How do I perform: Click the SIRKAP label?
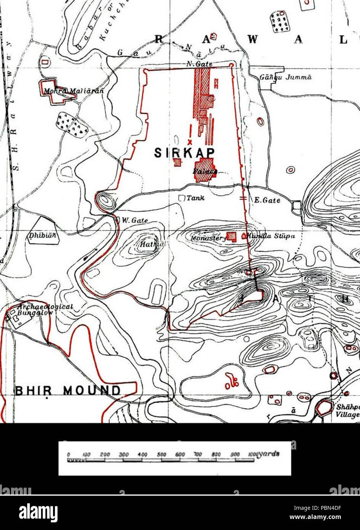184,153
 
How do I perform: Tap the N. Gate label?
199,64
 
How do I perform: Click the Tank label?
195,198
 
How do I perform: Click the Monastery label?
208,238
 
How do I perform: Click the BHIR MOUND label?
67,390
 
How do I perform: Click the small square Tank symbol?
182,198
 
